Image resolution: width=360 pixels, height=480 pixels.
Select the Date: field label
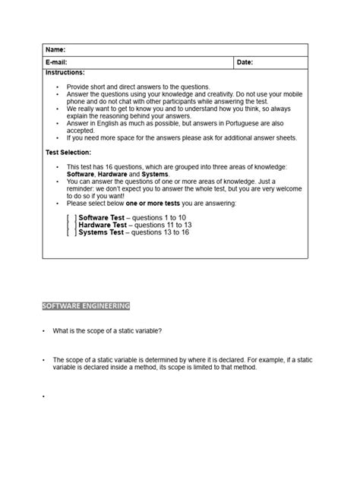pos(245,62)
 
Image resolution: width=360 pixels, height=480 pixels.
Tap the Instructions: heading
pos(65,72)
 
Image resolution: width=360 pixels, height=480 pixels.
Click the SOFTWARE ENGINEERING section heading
pos(86,306)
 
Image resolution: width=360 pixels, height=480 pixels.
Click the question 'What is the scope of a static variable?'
pos(107,331)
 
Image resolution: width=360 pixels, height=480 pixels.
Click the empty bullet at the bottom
pos(44,396)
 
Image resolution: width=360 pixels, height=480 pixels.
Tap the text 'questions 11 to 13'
pos(163,225)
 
